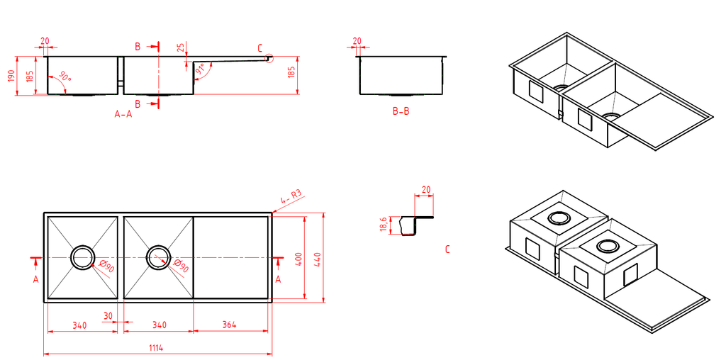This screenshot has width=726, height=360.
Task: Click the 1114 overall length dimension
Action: tap(156, 347)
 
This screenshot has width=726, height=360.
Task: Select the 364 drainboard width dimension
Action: tap(228, 325)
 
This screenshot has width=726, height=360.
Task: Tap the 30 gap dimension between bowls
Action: tap(108, 315)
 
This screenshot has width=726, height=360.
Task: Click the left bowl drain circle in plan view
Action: tap(82, 257)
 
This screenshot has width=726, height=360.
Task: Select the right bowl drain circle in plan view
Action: tap(158, 257)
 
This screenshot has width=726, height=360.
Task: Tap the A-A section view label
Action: tap(123, 113)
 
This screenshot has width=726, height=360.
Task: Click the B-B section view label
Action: tap(401, 111)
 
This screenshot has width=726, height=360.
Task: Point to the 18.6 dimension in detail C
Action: tap(384, 225)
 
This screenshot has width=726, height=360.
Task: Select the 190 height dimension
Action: tap(11, 77)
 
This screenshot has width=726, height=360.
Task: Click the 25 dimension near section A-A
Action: tap(180, 48)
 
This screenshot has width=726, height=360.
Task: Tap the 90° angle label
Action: tap(65, 77)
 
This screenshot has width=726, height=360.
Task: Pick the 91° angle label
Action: tap(200, 70)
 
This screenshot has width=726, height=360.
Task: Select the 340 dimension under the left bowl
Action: tap(79, 325)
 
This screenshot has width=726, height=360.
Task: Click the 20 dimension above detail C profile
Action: tap(425, 189)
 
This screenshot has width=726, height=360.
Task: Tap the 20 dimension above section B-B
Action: tap(357, 41)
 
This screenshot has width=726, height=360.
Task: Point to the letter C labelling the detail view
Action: tap(447, 249)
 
